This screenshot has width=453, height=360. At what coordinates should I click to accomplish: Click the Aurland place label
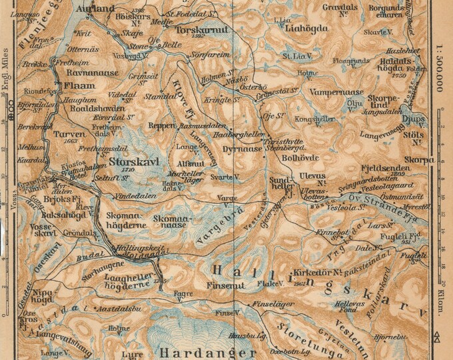pos(91,10)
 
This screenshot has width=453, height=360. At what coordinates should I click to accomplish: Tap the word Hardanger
pos(207,351)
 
